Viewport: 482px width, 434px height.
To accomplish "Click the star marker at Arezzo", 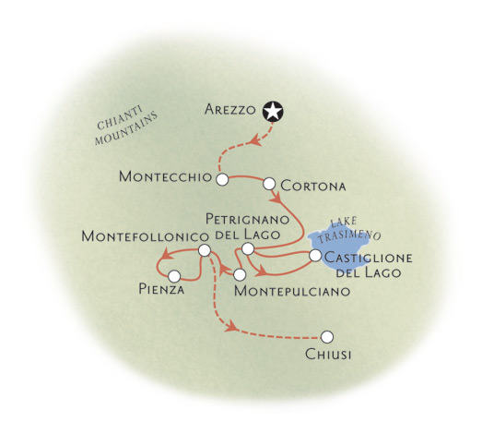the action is [273, 112].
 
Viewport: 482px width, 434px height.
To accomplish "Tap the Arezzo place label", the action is [229, 109].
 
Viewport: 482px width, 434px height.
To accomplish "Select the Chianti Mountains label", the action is [126, 125].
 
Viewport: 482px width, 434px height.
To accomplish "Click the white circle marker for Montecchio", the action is [222, 179].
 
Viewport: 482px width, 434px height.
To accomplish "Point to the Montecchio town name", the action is [165, 176].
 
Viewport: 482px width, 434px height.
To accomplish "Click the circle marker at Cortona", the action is [269, 184].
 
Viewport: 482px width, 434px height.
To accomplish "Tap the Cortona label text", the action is [313, 186].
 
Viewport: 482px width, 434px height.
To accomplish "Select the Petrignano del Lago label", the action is [248, 227].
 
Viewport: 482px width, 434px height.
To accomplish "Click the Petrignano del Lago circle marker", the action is [248, 249].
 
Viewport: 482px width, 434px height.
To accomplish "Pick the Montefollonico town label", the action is [145, 236].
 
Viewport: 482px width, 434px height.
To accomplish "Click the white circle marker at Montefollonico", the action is [205, 250].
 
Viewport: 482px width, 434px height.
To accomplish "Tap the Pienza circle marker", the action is [174, 276].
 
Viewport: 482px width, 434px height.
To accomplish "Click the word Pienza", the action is [161, 289].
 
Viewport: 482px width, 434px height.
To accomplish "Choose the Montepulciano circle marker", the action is [240, 274].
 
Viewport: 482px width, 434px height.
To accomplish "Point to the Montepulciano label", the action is [292, 291].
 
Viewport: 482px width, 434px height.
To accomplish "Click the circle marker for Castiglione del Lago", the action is [315, 256].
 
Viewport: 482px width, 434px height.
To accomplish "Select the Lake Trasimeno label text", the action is [349, 231].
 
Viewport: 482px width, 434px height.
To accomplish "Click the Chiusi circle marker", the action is [327, 337].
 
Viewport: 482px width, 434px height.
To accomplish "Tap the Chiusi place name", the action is [328, 355].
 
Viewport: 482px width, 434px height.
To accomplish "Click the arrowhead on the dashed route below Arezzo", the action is [255, 140].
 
